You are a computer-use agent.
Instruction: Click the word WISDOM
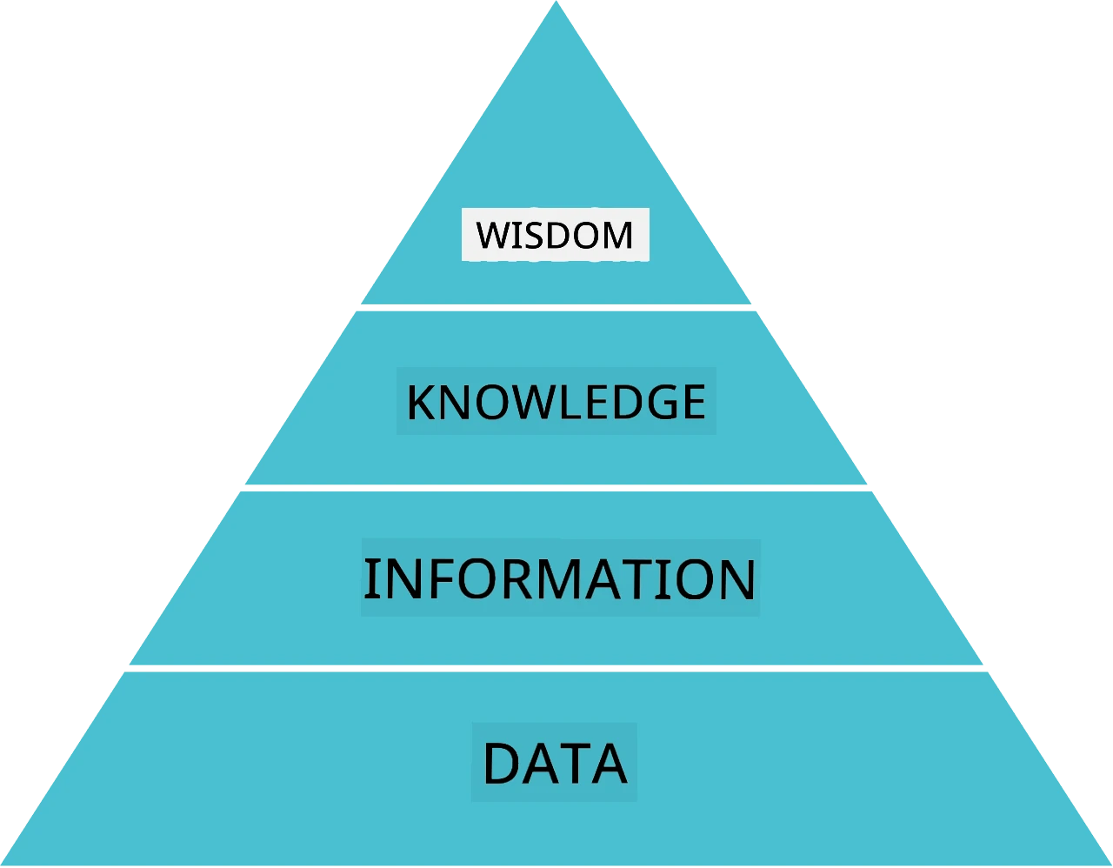coord(555,235)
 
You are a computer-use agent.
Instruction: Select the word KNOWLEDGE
coord(556,402)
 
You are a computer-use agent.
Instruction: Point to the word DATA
coord(555,763)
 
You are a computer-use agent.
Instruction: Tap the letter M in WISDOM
coord(618,235)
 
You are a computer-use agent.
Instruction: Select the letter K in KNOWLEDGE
coord(422,402)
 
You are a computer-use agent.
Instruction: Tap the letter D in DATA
coord(500,763)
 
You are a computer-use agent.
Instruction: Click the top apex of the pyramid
coord(556,2)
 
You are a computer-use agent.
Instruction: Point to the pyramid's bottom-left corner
coord(2,865)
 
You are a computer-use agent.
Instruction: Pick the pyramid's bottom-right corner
coord(1110,865)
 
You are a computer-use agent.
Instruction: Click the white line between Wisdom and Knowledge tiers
coord(556,308)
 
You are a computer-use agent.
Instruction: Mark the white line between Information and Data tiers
coord(556,669)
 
